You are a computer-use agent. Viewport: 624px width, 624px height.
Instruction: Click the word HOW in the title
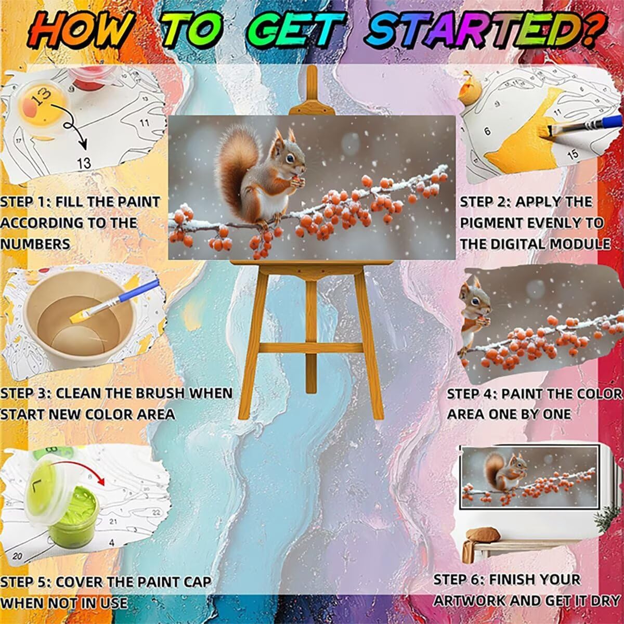[x=80, y=33]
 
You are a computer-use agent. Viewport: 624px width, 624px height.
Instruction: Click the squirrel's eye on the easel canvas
[x=290, y=159]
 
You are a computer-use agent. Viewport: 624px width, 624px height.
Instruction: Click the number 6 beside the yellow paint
[x=487, y=131]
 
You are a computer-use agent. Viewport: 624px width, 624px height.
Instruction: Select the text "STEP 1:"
[x=25, y=202]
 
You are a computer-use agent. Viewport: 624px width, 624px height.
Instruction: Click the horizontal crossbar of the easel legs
[x=311, y=348]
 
